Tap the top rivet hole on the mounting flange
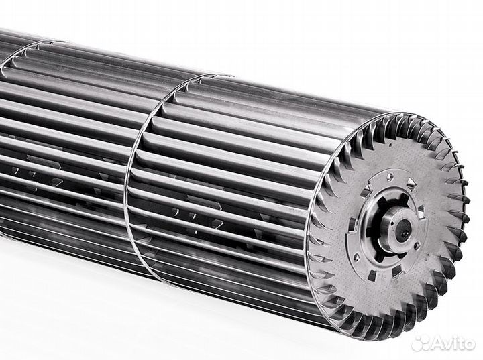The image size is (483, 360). coord(390,177)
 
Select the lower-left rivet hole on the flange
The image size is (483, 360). coord(356,256)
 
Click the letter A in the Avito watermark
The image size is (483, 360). coord(437,344)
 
